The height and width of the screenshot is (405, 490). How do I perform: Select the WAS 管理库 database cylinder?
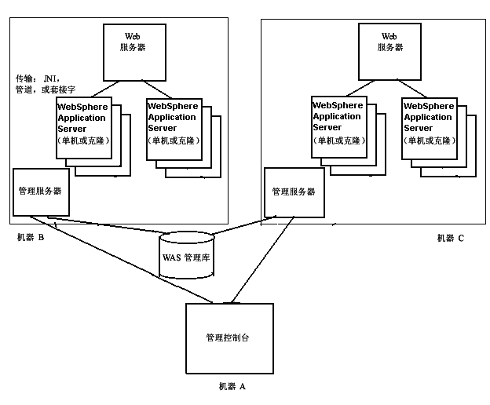click(186, 254)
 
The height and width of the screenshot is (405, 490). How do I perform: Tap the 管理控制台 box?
click(228, 337)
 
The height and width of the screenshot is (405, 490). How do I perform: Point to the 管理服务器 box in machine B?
click(41, 191)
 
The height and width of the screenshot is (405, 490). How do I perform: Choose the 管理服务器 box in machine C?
click(293, 191)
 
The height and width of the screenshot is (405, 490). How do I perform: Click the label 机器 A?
click(232, 386)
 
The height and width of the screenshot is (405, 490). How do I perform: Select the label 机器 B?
click(30, 238)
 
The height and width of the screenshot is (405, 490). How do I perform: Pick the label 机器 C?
click(451, 238)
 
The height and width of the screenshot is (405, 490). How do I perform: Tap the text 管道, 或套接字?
click(46, 89)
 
